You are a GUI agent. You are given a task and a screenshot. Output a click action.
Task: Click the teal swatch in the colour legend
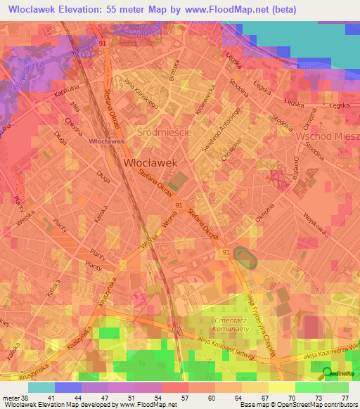tap(41, 387)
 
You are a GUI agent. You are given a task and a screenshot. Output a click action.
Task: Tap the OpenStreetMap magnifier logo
tap(326, 373)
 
